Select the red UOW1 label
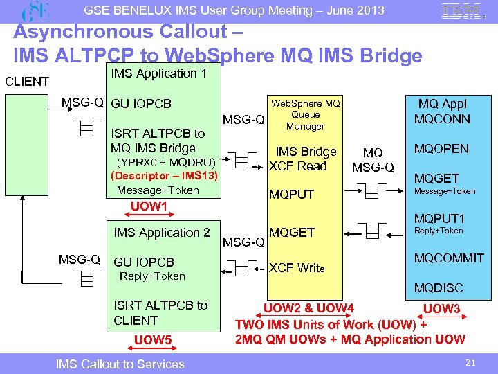(149, 206)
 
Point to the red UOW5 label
(152, 339)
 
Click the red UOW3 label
(441, 308)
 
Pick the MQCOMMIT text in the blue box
(449, 258)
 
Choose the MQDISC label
(439, 287)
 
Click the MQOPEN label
(441, 149)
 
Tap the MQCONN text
(442, 118)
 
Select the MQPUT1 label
(440, 217)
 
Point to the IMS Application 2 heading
(161, 233)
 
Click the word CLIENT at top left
(26, 81)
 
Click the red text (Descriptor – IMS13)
(165, 176)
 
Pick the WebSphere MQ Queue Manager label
(305, 115)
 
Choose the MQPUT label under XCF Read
(291, 195)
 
